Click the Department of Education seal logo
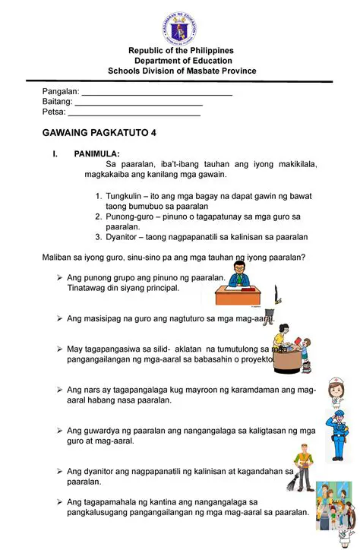coord(180,26)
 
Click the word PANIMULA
coord(96,153)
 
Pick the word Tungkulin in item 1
coord(124,196)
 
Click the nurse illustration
coord(333,393)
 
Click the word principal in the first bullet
coord(162,289)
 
